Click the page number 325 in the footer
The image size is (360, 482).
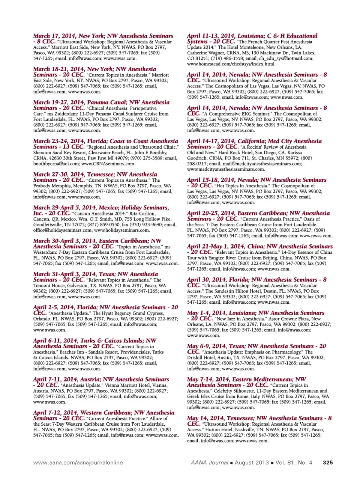click(x=327, y=462)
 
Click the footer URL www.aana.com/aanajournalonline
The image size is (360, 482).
click(x=78, y=462)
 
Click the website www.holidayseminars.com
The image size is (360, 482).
click(x=122, y=230)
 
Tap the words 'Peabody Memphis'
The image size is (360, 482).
click(x=50, y=186)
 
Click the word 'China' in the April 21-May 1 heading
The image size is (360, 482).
click(x=256, y=247)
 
